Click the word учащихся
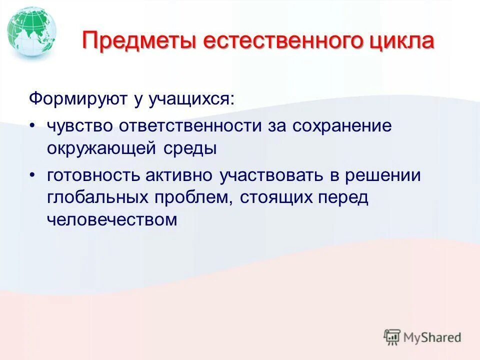190,98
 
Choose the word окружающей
101,148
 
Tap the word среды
189,148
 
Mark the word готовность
93,176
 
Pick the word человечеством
112,219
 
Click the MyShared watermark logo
422,337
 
